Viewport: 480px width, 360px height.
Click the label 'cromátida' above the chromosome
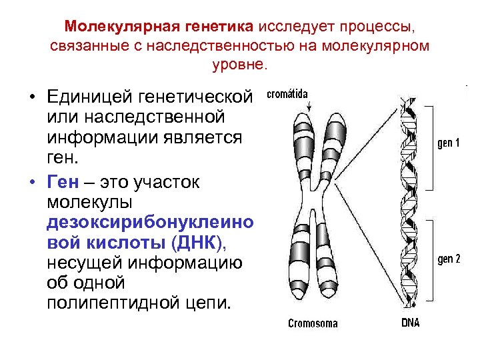tap(288, 94)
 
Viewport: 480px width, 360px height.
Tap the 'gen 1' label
tap(449, 143)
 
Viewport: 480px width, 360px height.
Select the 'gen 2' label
tap(449, 259)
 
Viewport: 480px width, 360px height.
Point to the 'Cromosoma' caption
tap(313, 324)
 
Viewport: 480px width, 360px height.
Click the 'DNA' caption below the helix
tap(411, 324)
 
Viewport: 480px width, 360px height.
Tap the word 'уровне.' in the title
tap(239, 65)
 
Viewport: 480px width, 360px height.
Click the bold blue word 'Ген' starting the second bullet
tap(63, 182)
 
